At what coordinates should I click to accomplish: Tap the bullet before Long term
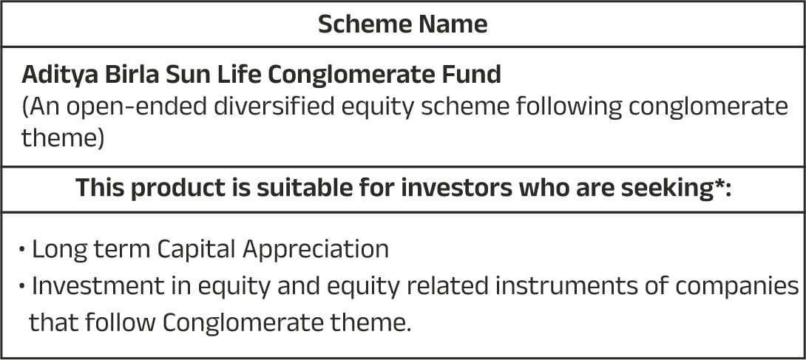(x=21, y=250)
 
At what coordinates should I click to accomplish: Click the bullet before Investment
(x=21, y=286)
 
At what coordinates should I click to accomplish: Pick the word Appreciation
(x=316, y=250)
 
